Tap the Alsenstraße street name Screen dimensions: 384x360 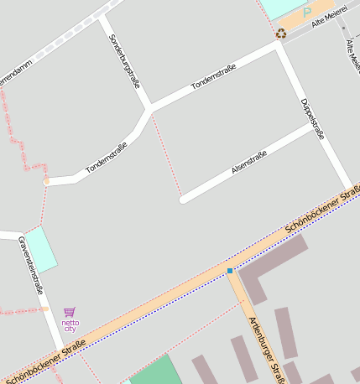(x=248, y=163)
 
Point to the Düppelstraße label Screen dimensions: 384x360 (x=312, y=118)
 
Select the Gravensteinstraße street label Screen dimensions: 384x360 (x=30, y=266)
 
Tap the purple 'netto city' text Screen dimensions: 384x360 (x=70, y=325)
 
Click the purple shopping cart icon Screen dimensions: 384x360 (x=70, y=312)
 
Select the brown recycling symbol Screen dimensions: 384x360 (x=281, y=34)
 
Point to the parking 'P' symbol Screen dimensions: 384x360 (x=307, y=13)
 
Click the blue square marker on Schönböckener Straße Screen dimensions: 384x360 (x=230, y=271)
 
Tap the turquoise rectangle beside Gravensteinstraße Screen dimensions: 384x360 (x=41, y=248)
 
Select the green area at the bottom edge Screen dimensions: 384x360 (x=156, y=371)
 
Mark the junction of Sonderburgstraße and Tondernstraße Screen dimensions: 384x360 (x=149, y=108)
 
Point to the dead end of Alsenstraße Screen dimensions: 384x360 (x=184, y=200)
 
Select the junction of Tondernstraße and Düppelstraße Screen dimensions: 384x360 (x=279, y=47)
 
